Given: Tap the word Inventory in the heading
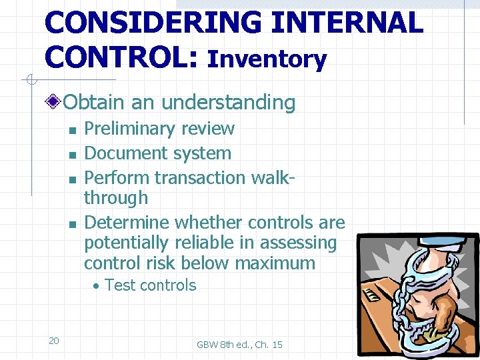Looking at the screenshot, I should click(x=267, y=59).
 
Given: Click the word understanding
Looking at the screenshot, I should click(x=228, y=102).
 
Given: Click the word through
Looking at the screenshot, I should click(x=116, y=198).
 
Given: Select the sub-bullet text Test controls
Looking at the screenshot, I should click(x=150, y=285).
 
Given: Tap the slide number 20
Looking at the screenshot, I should click(x=54, y=341).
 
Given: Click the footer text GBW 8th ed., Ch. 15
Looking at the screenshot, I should click(x=239, y=345).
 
